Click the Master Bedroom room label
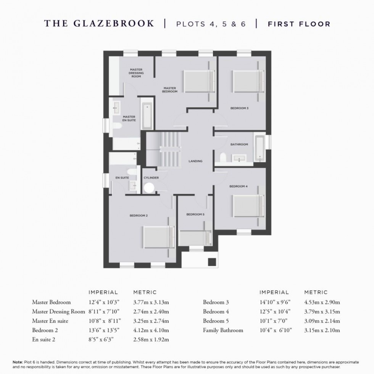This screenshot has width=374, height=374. click(x=170, y=90)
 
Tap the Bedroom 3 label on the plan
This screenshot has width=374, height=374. click(x=239, y=108)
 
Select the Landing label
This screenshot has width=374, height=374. click(x=195, y=161)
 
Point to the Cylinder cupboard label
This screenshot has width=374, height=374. click(x=151, y=178)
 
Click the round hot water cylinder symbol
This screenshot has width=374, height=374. click(x=149, y=187)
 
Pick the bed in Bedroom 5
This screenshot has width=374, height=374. click(x=195, y=238)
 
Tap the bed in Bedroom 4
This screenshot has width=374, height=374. click(x=248, y=206)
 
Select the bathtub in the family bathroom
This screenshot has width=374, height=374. click(x=260, y=148)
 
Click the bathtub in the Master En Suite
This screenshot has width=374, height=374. click(x=147, y=115)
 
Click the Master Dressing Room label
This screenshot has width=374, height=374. click(x=136, y=73)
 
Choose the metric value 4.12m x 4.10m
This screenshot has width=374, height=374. click(x=151, y=330)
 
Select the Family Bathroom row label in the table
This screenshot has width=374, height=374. click(x=223, y=330)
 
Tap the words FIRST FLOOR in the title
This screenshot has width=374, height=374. click(x=299, y=24)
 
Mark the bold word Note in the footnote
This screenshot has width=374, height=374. click(x=18, y=362)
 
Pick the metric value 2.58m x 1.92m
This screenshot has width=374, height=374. click(x=151, y=339)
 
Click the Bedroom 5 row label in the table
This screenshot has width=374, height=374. click(x=216, y=321)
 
